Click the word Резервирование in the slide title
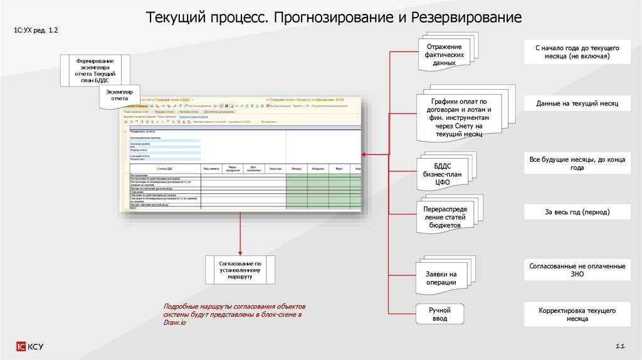point(466,17)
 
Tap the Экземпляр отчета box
point(119,95)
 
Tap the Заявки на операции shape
point(441,278)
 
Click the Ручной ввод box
point(439,314)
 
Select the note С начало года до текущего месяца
point(577,52)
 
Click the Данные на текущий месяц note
point(577,103)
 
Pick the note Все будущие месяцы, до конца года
point(577,164)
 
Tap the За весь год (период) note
point(577,213)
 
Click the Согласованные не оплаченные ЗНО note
point(577,270)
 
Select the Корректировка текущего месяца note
point(577,314)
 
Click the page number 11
point(621,346)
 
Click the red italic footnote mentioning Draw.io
point(233,314)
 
